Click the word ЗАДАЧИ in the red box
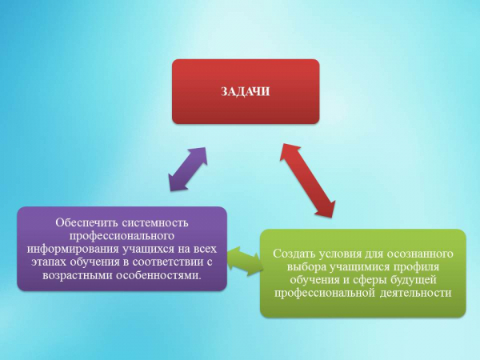click(x=246, y=91)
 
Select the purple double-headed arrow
click(x=188, y=170)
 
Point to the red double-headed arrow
click(x=307, y=180)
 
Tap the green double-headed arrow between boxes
click(x=246, y=261)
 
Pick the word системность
click(x=155, y=222)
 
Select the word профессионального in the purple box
click(x=122, y=236)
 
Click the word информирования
click(x=73, y=249)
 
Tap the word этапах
click(x=49, y=262)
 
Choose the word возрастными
click(x=78, y=275)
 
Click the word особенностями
click(x=159, y=275)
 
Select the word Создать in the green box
click(x=294, y=254)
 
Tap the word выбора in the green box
click(x=306, y=267)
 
